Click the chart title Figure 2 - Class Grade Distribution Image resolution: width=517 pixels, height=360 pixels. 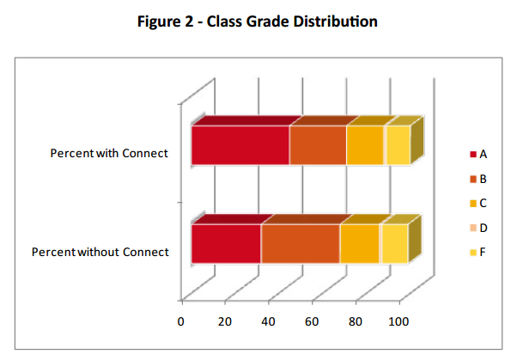pyautogui.click(x=258, y=21)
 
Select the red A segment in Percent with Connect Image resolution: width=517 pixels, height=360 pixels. pyautogui.click(x=240, y=145)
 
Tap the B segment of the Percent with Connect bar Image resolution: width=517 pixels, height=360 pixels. pyautogui.click(x=318, y=145)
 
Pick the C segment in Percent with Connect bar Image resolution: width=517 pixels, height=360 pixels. pyautogui.click(x=365, y=145)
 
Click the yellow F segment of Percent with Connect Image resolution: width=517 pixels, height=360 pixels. pyautogui.click(x=398, y=145)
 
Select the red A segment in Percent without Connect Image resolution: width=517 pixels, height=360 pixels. pyautogui.click(x=227, y=244)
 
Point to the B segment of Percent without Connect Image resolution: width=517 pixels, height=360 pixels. pyautogui.click(x=301, y=244)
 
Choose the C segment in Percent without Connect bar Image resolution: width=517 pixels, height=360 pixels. pyautogui.click(x=360, y=244)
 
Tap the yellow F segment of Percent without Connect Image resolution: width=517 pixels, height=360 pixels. pyautogui.click(x=395, y=244)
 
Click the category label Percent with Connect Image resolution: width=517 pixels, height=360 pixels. pyautogui.click(x=109, y=154)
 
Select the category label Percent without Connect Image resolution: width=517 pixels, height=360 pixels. pyautogui.click(x=100, y=252)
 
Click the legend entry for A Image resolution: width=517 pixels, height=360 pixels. pyautogui.click(x=478, y=154)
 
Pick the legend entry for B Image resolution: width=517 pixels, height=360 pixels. pyautogui.click(x=478, y=179)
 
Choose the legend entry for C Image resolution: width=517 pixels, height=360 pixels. pyautogui.click(x=478, y=204)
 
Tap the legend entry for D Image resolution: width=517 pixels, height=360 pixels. pyautogui.click(x=478, y=228)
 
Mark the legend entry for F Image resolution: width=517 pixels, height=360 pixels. pyautogui.click(x=478, y=253)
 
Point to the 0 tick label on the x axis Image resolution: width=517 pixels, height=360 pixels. pyautogui.click(x=180, y=321)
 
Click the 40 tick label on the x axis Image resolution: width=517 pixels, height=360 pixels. pyautogui.click(x=269, y=321)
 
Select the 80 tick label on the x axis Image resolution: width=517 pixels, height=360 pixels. pyautogui.click(x=356, y=321)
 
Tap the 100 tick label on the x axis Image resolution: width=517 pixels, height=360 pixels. pyautogui.click(x=398, y=321)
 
